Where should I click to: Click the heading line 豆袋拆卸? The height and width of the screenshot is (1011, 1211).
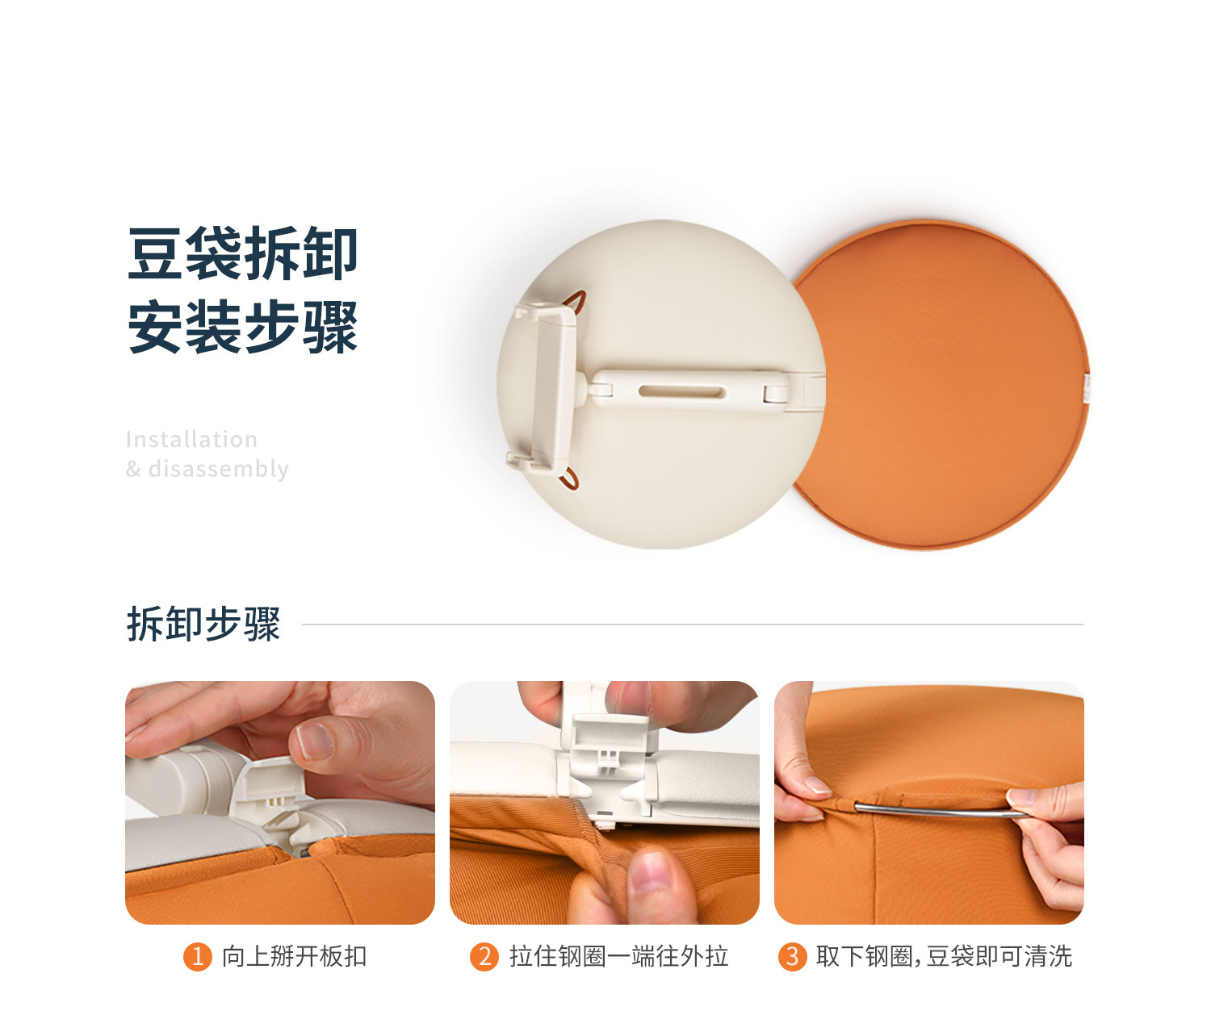242,254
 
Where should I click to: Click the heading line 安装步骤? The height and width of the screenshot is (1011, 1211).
242,327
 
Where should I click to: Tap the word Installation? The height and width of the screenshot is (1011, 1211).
191,440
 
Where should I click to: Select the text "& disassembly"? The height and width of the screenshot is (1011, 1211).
207,469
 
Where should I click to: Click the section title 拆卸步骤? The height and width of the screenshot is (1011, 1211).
203,625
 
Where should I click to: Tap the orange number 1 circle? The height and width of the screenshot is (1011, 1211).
198,956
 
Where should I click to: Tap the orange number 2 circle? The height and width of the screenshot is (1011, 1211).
484,956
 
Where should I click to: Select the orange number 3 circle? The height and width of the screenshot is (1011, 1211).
792,956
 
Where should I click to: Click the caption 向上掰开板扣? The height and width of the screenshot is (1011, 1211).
294,956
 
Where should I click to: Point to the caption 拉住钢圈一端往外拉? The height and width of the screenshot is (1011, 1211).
618,956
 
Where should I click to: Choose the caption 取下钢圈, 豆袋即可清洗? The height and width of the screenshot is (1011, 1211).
944,956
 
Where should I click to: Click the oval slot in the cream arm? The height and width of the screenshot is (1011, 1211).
681,391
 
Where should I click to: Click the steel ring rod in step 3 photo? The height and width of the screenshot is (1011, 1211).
940,810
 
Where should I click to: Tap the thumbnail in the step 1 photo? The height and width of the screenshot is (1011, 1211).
314,742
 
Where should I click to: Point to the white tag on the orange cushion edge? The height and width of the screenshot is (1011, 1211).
1087,387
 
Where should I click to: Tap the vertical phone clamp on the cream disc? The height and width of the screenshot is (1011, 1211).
543,388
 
